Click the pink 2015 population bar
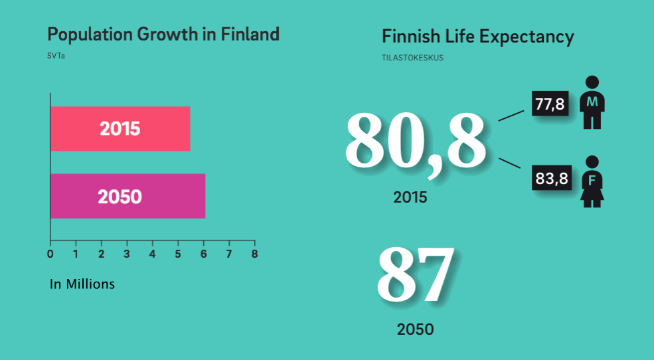click(120, 128)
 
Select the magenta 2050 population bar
click(127, 196)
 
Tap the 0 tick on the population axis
click(50, 254)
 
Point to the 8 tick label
click(254, 254)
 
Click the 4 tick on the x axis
click(152, 254)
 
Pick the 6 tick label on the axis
click(204, 254)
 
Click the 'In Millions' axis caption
click(82, 284)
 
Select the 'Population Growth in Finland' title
click(163, 34)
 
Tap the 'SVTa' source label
click(56, 56)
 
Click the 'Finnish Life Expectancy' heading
click(478, 37)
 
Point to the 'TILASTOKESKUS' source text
click(412, 58)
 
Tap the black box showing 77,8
click(550, 104)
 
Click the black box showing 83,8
click(551, 178)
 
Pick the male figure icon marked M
click(592, 102)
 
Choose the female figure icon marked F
click(592, 181)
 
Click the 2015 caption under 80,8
click(410, 197)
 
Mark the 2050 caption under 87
click(415, 329)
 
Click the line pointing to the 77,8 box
click(511, 116)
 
